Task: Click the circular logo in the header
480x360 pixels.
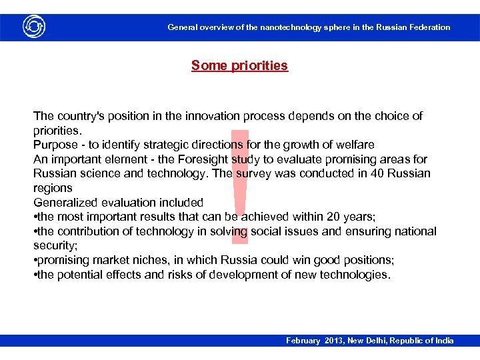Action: (33, 27)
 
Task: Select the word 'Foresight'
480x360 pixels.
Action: (200, 159)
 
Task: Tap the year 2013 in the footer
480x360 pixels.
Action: (335, 341)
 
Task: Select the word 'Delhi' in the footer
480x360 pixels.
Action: (386, 341)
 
